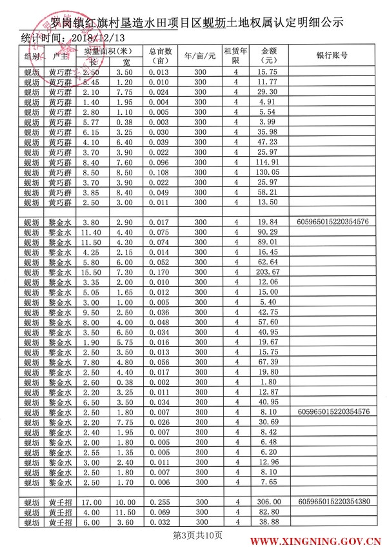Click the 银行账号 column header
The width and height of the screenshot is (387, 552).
[333, 56]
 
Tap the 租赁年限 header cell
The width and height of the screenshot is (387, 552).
[236, 55]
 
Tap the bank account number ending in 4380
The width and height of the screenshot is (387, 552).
[333, 501]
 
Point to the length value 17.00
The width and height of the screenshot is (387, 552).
[92, 501]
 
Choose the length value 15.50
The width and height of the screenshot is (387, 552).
[92, 272]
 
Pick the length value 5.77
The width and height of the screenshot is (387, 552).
[92, 122]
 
